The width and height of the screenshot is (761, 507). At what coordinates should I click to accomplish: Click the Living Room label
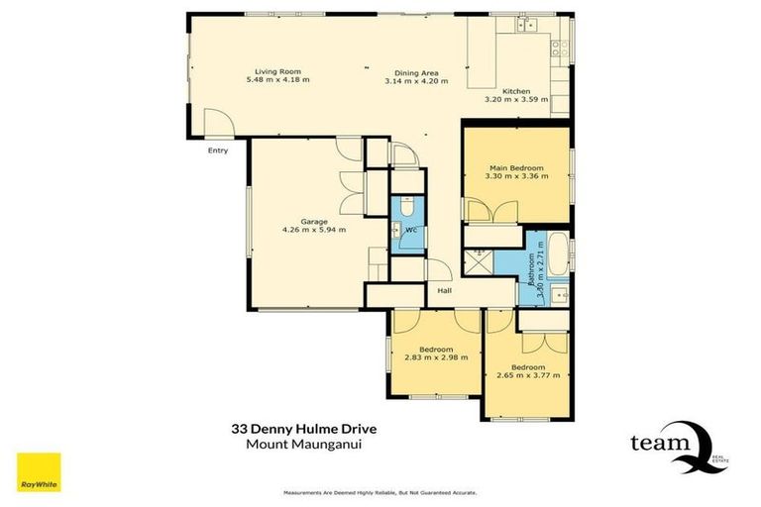pos(277,71)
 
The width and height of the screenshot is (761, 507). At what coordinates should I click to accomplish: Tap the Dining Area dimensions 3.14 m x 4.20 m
pos(416,81)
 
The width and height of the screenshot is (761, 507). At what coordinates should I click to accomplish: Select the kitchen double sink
pos(527,25)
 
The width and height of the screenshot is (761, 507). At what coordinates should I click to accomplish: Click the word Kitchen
pos(516,91)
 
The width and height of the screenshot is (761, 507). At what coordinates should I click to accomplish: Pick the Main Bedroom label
pos(516,167)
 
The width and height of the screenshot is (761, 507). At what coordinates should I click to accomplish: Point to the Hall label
pos(446,289)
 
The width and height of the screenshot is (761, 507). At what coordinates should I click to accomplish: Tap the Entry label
pos(217,151)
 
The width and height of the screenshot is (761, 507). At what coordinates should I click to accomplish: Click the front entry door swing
pos(217,125)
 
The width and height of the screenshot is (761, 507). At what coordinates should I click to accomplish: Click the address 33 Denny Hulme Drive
pos(303,430)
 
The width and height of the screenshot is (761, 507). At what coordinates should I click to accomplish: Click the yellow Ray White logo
pos(39,471)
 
